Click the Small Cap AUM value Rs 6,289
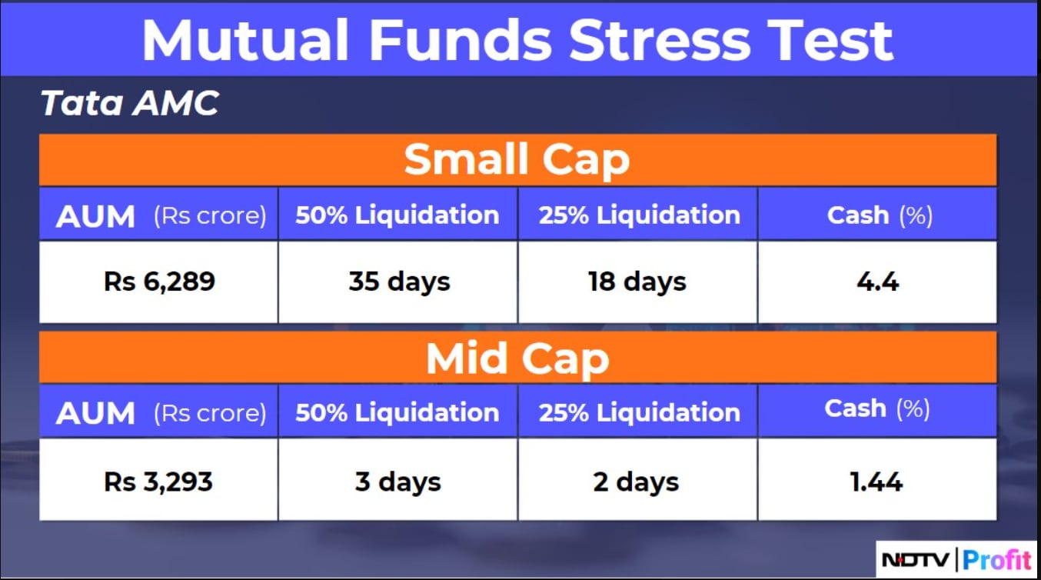point(159,282)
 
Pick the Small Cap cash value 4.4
point(877,282)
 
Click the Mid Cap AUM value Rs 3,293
point(158,482)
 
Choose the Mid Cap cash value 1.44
point(876,482)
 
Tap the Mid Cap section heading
point(517,359)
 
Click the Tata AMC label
point(130,102)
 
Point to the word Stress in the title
point(660,41)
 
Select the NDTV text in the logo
point(915,559)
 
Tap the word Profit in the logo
point(997,559)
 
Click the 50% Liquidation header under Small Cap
point(397,215)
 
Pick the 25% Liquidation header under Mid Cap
point(640,413)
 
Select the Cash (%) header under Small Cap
point(880,215)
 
